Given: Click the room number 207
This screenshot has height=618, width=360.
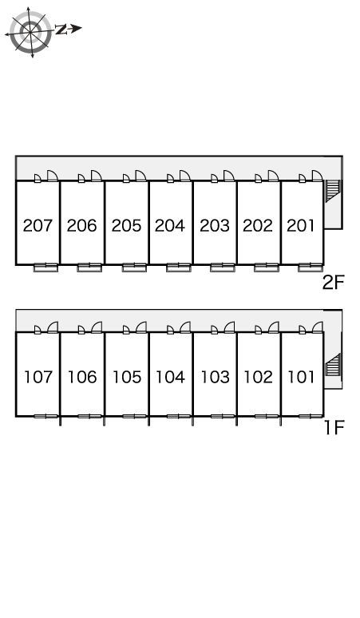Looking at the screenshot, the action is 38,225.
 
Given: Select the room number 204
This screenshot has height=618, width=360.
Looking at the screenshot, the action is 170,225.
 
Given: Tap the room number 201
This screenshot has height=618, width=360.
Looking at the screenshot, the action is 301,225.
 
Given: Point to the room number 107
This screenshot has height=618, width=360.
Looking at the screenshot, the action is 38,377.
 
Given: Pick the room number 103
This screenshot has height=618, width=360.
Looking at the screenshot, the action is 216,377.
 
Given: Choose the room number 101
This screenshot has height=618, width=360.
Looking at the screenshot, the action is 301,377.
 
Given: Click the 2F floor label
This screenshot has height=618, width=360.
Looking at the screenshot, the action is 333,282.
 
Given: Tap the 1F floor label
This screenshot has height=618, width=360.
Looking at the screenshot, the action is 334,427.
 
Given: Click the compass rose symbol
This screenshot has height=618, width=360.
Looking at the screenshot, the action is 30,31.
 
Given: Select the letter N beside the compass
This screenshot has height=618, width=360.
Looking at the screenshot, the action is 61,29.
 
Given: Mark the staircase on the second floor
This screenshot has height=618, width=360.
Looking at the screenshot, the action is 332,191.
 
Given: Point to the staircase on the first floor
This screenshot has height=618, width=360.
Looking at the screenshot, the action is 332,365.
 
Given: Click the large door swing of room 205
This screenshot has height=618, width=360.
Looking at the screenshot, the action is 140,176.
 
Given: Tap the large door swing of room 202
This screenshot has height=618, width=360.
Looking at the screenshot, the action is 273,176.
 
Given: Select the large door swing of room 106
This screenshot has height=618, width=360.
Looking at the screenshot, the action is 97,327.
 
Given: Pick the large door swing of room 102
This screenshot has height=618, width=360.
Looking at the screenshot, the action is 273,327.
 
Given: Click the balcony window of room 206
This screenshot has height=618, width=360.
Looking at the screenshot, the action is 89,267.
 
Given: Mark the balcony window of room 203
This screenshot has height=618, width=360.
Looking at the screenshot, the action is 223,267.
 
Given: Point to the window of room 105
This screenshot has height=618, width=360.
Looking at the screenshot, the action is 134,416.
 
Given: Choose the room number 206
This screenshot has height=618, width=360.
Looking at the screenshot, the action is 81,225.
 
